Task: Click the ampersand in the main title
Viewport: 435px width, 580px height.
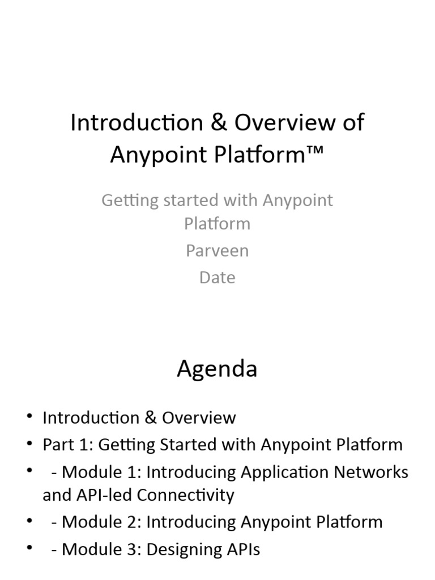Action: click(219, 122)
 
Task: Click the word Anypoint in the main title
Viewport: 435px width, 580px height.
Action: click(159, 155)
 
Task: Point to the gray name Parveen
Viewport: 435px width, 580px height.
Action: click(217, 251)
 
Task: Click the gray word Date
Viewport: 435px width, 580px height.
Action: click(217, 278)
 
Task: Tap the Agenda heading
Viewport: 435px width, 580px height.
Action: click(217, 369)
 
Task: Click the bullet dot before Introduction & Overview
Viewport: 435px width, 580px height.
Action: click(29, 416)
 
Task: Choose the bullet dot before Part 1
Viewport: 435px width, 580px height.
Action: click(29, 443)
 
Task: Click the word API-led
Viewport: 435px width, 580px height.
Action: click(104, 495)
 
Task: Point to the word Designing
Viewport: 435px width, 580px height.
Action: click(183, 549)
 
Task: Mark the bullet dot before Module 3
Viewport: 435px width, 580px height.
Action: click(29, 548)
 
